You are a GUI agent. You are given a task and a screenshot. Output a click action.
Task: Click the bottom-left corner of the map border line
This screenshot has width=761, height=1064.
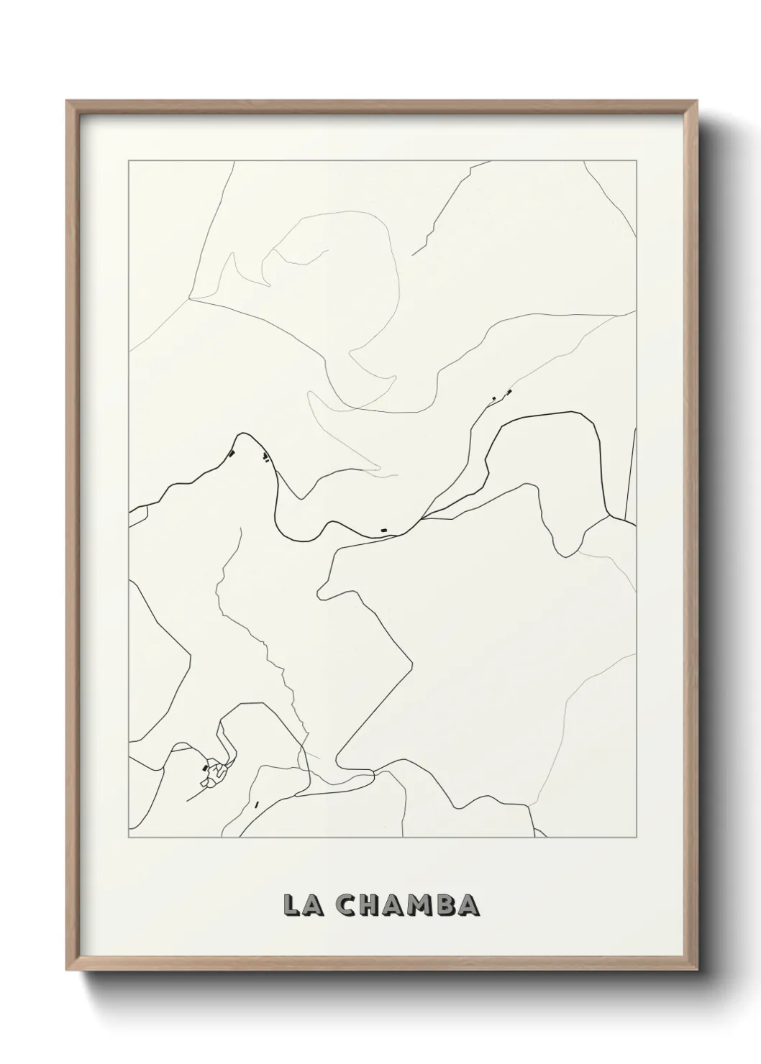(x=129, y=838)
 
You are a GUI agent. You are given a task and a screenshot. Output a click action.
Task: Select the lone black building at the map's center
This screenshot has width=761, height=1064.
(x=384, y=531)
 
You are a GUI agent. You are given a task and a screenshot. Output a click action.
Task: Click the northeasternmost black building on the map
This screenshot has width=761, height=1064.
(x=509, y=392)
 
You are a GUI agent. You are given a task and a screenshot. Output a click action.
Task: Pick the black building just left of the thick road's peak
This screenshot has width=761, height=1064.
(x=232, y=453)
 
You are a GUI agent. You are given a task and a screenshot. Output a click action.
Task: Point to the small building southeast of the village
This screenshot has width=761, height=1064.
(x=256, y=804)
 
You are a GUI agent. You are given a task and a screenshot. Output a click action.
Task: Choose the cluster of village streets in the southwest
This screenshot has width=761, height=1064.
(x=214, y=773)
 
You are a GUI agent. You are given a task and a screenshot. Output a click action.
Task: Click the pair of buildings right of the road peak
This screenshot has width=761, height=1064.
(x=266, y=457)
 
